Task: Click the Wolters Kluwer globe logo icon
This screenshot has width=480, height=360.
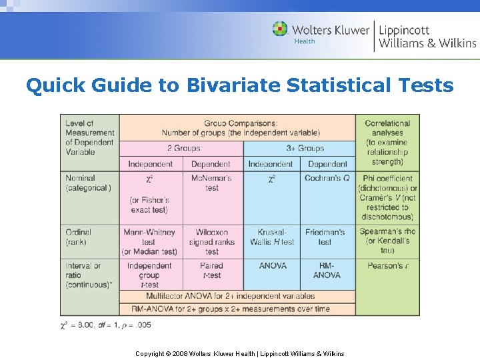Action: click(280, 29)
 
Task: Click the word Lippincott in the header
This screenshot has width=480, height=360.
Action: click(404, 30)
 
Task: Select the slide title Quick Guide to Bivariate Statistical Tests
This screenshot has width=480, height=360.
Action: click(239, 85)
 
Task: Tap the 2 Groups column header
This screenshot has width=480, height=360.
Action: click(180, 149)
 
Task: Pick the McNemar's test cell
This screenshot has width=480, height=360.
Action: click(211, 183)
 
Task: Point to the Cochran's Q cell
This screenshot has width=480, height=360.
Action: click(327, 178)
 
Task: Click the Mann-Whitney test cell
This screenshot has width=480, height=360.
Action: click(149, 241)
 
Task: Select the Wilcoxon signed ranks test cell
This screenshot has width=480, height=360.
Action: click(211, 241)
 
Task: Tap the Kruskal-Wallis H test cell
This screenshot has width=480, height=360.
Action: click(271, 237)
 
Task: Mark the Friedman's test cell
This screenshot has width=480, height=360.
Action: click(325, 237)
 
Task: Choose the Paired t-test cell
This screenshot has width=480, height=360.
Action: click(211, 270)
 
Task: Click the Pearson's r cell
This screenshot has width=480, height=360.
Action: click(387, 265)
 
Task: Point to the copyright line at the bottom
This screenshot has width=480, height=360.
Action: click(239, 353)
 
